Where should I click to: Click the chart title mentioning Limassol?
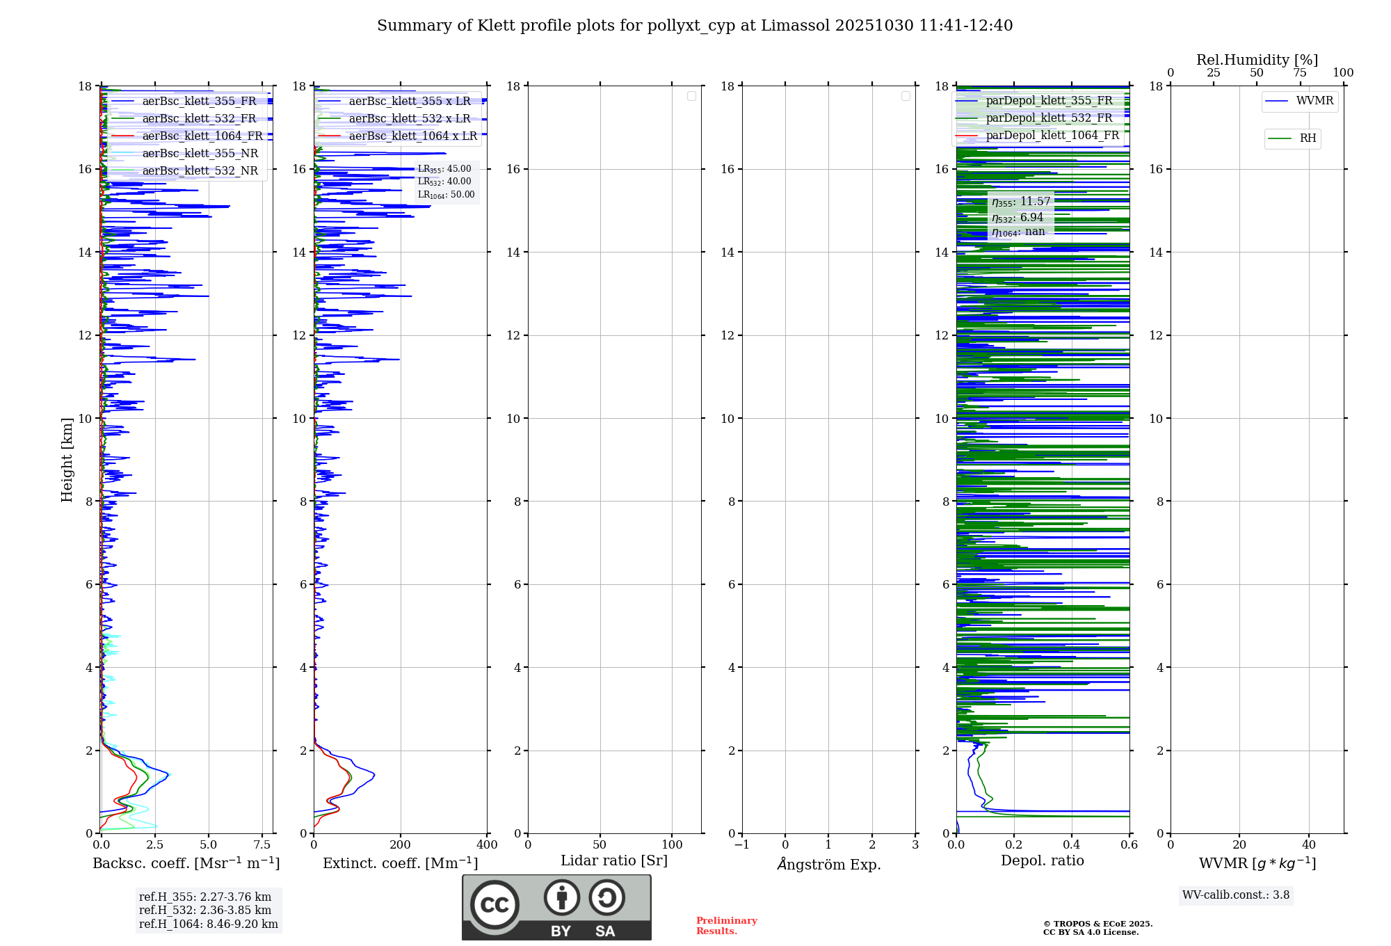(x=695, y=26)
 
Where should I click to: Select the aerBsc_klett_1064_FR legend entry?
(x=202, y=136)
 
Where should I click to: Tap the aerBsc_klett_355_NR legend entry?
(x=200, y=153)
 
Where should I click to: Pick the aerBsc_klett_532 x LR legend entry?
(x=409, y=118)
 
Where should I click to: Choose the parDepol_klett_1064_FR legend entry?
(x=1052, y=135)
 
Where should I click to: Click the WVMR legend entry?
(x=1314, y=101)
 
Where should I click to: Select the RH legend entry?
(x=1307, y=138)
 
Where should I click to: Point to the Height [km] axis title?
(x=67, y=459)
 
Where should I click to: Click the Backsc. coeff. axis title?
(x=186, y=863)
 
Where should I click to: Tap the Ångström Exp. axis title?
(x=828, y=864)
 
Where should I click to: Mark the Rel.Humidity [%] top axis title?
(x=1257, y=60)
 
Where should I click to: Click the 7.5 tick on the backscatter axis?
(x=262, y=845)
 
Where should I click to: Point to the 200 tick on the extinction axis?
(x=401, y=845)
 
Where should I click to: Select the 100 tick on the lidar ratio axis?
(x=672, y=845)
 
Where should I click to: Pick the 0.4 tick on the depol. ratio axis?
(x=1072, y=845)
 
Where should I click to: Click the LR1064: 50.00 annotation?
(x=446, y=195)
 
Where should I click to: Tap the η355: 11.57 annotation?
(x=1020, y=202)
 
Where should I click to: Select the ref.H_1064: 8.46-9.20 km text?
(x=208, y=924)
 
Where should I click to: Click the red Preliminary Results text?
(x=726, y=926)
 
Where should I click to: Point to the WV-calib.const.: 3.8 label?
(x=1235, y=895)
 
